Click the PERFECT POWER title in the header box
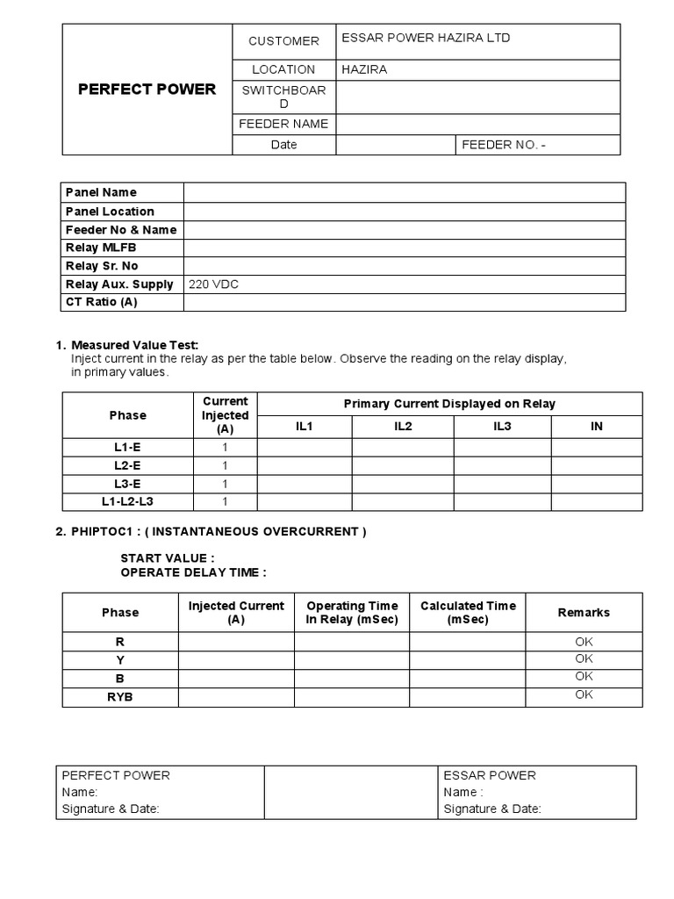(147, 90)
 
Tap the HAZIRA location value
(364, 69)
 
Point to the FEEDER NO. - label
(503, 145)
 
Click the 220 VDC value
(213, 284)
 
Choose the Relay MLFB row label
(101, 248)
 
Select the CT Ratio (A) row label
(102, 302)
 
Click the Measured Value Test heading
(140, 345)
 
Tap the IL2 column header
(403, 426)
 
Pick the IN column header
(596, 426)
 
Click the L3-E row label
(120, 484)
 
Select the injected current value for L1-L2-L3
(225, 501)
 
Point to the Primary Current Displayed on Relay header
(449, 404)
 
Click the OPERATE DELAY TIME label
(193, 572)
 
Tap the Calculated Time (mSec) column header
(468, 612)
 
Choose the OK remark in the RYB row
(584, 694)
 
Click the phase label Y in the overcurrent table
(120, 660)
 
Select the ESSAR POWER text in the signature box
(490, 775)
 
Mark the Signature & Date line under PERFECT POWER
(111, 809)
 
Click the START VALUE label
(167, 558)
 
